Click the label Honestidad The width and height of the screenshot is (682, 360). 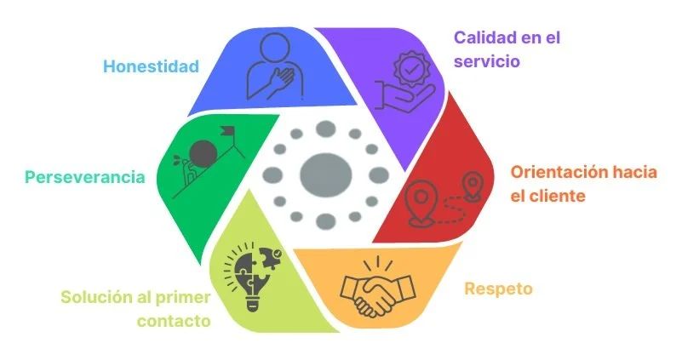[x=151, y=66]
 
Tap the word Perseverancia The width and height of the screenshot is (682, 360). [x=83, y=177]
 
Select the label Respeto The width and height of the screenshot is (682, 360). [x=498, y=289]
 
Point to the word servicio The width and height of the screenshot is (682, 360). [x=487, y=61]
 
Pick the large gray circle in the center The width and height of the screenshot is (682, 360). [x=325, y=174]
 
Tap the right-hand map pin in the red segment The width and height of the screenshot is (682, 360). [x=471, y=184]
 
